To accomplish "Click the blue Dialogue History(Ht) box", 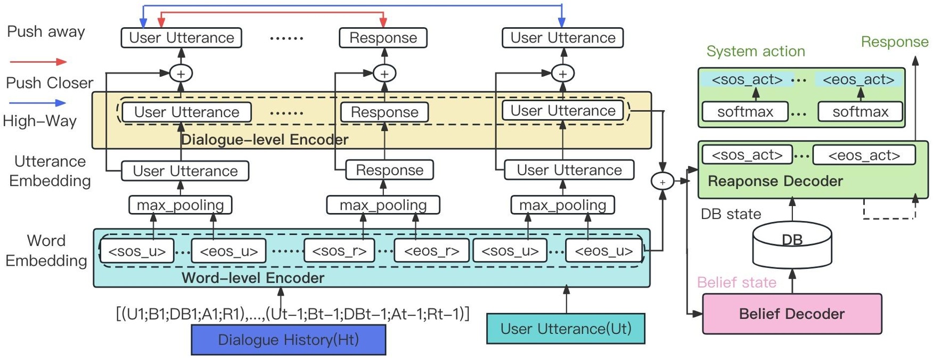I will click(x=288, y=340).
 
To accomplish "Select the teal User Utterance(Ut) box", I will click(x=566, y=329).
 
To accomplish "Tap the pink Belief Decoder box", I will click(x=791, y=314).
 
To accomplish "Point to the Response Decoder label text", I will click(x=775, y=181).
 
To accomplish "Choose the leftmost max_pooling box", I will click(x=180, y=205).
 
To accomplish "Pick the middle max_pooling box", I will click(x=383, y=205).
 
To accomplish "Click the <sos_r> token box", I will click(x=339, y=251).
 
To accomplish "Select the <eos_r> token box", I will click(x=431, y=251).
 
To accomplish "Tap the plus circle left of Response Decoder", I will click(x=662, y=182).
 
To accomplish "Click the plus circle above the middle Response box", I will click(x=384, y=73).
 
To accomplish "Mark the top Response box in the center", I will click(x=383, y=38).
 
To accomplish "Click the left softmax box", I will click(x=744, y=112).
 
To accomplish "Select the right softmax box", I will click(x=860, y=112).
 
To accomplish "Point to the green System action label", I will click(x=755, y=51).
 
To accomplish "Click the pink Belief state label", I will click(x=736, y=282).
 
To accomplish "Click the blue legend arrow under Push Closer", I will click(x=37, y=103).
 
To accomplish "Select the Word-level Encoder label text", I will click(x=252, y=277).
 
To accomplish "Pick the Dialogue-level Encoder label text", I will click(x=264, y=140).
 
